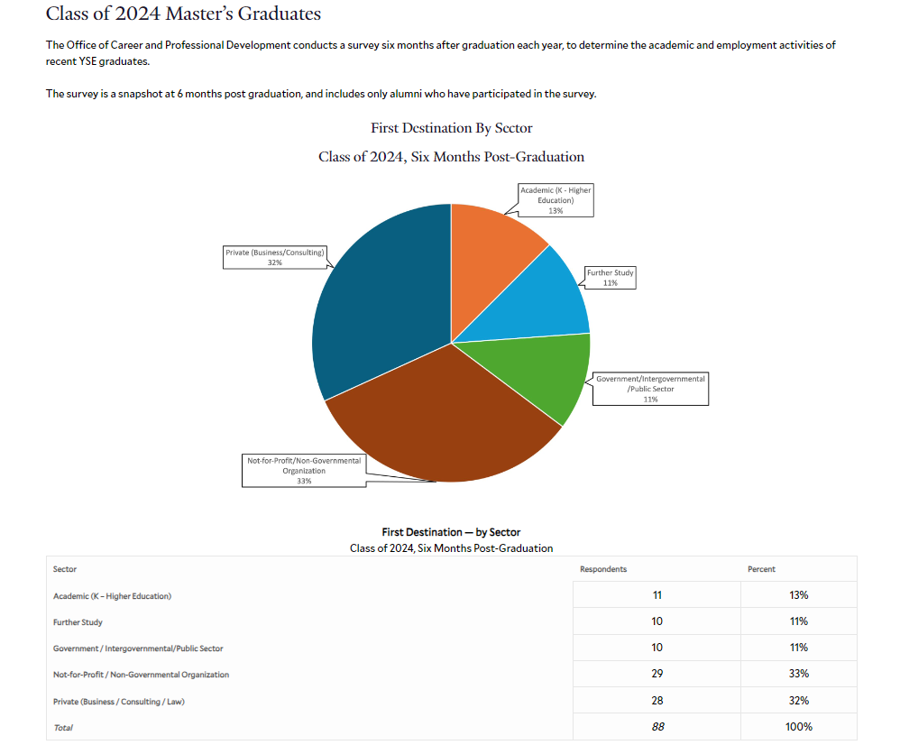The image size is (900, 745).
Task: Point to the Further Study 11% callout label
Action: click(x=611, y=278)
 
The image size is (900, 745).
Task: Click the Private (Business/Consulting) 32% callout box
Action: click(x=274, y=257)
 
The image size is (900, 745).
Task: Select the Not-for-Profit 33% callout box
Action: click(x=304, y=471)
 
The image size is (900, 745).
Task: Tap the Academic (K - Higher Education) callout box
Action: click(x=556, y=200)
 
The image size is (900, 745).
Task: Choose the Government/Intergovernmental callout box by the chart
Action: click(x=650, y=388)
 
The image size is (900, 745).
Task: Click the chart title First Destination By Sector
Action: click(x=451, y=128)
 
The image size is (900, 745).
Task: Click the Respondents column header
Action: click(x=603, y=569)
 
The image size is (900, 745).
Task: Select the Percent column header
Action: click(x=761, y=569)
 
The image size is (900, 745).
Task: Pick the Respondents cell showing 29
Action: click(x=657, y=674)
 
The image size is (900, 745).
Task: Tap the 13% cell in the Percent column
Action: click(x=798, y=595)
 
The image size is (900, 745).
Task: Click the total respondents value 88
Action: click(x=657, y=727)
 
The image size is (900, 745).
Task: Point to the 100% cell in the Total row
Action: click(x=798, y=727)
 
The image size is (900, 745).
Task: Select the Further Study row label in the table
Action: click(x=78, y=622)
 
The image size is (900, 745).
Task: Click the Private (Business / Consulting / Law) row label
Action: click(x=119, y=701)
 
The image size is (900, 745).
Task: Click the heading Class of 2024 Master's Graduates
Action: click(x=183, y=14)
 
